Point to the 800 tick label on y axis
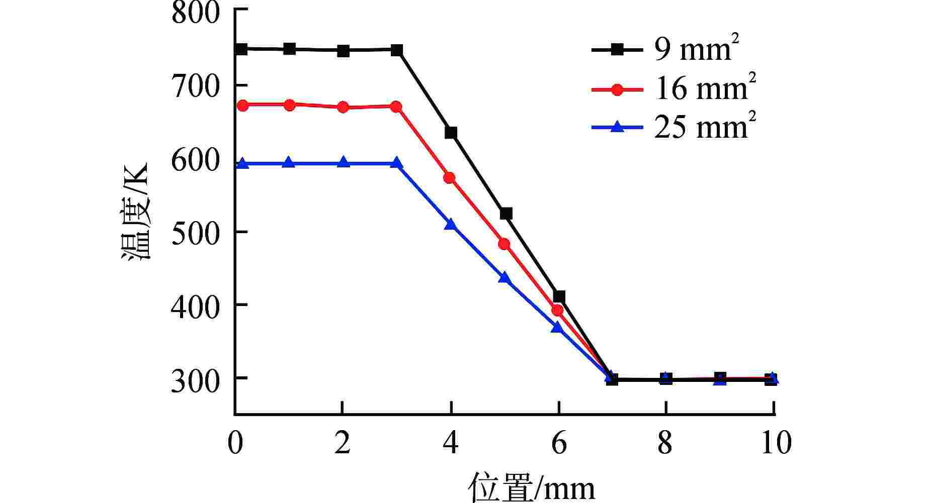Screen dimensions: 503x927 tap(196, 13)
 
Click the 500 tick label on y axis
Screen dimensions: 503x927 tap(196, 232)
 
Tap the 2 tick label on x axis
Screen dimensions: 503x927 tap(342, 443)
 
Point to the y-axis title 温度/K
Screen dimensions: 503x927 tap(134, 211)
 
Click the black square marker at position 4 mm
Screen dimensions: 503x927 tap(451, 133)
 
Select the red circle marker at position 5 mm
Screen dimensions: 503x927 tap(504, 244)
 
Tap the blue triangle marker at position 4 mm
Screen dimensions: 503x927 tap(451, 224)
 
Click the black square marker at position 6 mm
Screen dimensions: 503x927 tap(558, 297)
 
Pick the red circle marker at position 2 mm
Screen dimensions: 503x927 tap(343, 107)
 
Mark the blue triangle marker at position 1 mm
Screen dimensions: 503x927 tap(289, 162)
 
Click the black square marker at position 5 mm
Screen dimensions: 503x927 tap(506, 214)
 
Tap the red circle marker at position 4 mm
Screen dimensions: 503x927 tap(449, 178)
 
